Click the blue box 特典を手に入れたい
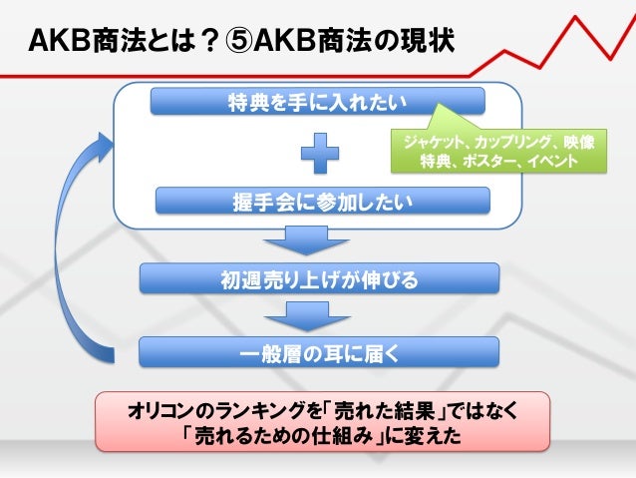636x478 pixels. [x=318, y=101]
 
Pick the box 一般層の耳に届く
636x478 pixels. [x=318, y=351]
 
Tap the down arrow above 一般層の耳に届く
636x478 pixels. [x=288, y=315]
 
